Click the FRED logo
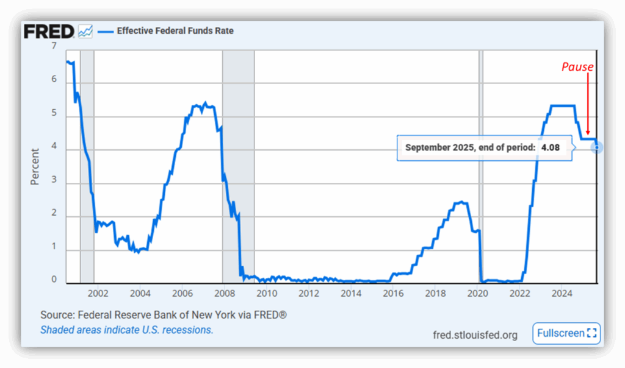(x=49, y=31)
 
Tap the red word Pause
(x=577, y=67)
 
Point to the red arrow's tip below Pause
(x=588, y=134)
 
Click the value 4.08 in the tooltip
(x=550, y=147)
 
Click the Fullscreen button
(x=566, y=333)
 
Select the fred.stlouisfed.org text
(x=475, y=334)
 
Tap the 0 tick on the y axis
(x=54, y=280)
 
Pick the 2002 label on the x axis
(x=98, y=293)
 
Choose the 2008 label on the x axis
(x=224, y=293)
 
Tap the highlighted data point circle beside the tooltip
(x=597, y=147)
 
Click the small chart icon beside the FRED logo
(x=85, y=31)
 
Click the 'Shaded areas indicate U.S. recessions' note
(x=127, y=330)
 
